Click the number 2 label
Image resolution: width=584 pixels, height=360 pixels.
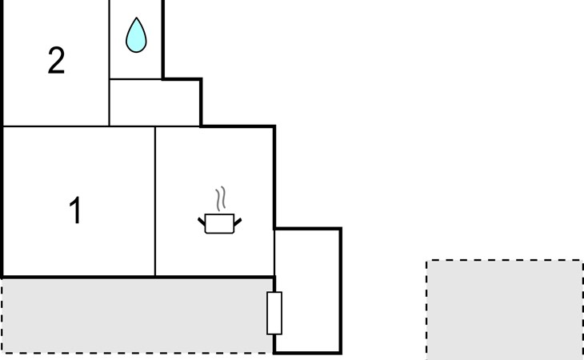56,61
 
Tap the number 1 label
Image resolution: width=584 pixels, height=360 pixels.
75,210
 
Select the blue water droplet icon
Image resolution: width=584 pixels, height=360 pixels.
136,35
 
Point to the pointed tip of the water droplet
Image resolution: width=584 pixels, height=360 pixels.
136,18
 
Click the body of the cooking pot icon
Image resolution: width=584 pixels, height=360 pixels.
219,224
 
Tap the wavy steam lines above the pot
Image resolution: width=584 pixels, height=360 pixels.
221,199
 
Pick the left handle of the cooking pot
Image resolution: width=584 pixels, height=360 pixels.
202,222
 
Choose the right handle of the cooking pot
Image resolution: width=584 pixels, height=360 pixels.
238,222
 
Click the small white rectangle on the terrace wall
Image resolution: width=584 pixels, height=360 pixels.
274,313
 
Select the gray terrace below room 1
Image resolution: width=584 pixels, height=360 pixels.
136,316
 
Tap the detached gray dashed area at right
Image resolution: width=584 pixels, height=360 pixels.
505,310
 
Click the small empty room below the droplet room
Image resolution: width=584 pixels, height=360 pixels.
154,102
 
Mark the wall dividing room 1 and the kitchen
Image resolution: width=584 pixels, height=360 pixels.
155,202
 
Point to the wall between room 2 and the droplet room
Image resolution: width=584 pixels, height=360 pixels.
109,63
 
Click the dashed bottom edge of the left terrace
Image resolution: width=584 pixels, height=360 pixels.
137,353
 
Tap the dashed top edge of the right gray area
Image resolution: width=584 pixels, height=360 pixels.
505,260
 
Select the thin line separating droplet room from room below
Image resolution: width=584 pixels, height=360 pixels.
136,79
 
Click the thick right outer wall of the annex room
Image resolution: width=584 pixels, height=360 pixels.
341,290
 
